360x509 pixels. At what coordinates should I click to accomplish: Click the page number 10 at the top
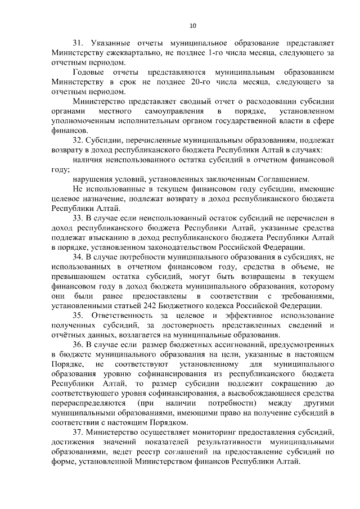pos(193,25)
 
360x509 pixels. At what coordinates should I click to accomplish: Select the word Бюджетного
pos(199,305)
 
